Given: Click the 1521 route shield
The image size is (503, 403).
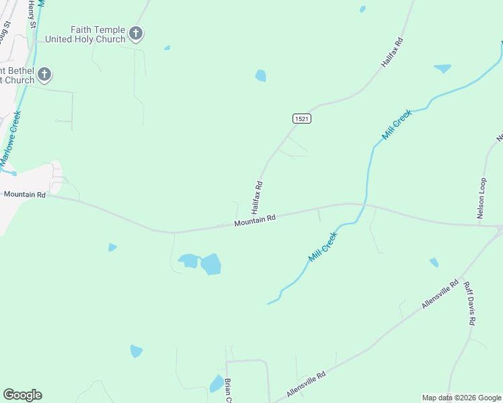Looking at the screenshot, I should coord(302,118).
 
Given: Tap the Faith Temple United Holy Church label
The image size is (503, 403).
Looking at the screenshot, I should coord(99,34).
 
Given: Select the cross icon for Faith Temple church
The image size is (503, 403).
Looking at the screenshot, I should coord(136,33).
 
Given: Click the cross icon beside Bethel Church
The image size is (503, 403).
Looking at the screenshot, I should coord(44,74).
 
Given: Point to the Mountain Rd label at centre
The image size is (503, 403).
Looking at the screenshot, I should coord(256,220).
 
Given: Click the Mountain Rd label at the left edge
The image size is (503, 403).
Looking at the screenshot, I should coord(24,194).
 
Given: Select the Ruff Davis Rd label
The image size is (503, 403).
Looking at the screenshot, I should coord(469,303).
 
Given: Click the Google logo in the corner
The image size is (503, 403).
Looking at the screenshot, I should coord(22,395).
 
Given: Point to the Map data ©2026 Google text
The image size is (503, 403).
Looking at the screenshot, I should coord(461,398).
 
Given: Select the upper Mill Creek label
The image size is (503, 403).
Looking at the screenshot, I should coord(397,125).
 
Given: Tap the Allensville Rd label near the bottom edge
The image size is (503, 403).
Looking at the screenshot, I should coord(306,384).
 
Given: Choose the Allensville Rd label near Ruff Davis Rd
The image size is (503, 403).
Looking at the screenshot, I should coord(440,294).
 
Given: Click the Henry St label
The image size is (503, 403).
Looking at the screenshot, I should coord(32,9).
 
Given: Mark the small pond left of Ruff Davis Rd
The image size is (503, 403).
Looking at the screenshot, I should coord(434,262).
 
